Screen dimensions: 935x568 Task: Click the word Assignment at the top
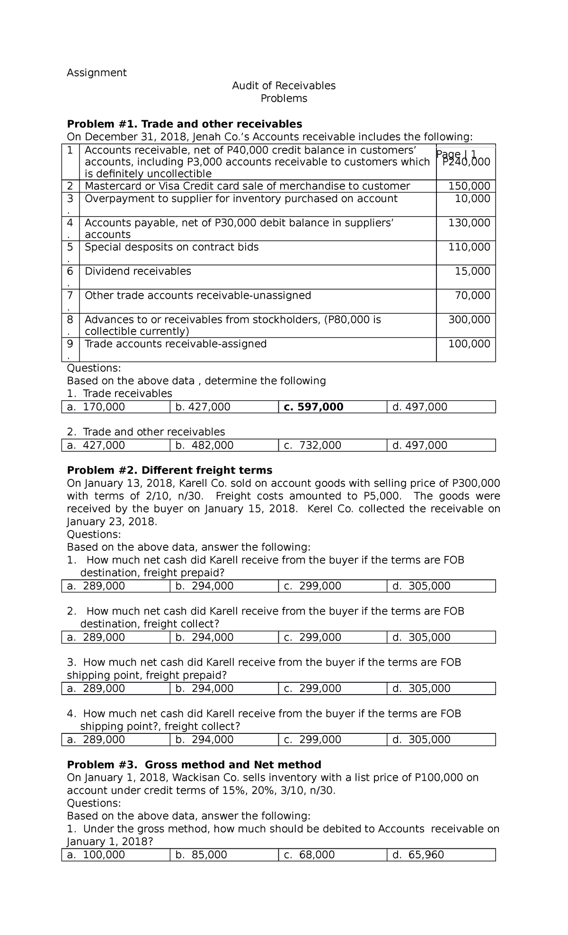(x=97, y=72)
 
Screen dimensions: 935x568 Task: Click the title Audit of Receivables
(x=284, y=86)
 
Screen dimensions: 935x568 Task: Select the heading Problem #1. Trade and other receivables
(x=184, y=124)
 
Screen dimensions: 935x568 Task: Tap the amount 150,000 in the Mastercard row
(x=469, y=186)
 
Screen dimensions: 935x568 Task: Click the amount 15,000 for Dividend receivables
(x=472, y=271)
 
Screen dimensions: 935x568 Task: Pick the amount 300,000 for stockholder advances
(x=469, y=319)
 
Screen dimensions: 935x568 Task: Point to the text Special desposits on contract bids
(x=171, y=247)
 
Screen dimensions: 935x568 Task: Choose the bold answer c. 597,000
(x=313, y=407)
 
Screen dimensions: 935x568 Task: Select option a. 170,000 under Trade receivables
(x=96, y=407)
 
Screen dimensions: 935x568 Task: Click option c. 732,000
(x=312, y=445)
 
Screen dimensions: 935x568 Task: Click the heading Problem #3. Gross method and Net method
(x=194, y=765)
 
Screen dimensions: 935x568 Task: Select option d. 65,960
(x=418, y=855)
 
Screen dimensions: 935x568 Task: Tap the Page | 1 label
(x=456, y=154)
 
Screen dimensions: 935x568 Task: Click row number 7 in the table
(x=70, y=296)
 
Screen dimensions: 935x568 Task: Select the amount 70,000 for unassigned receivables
(x=472, y=296)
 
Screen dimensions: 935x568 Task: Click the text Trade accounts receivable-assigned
(x=176, y=344)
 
